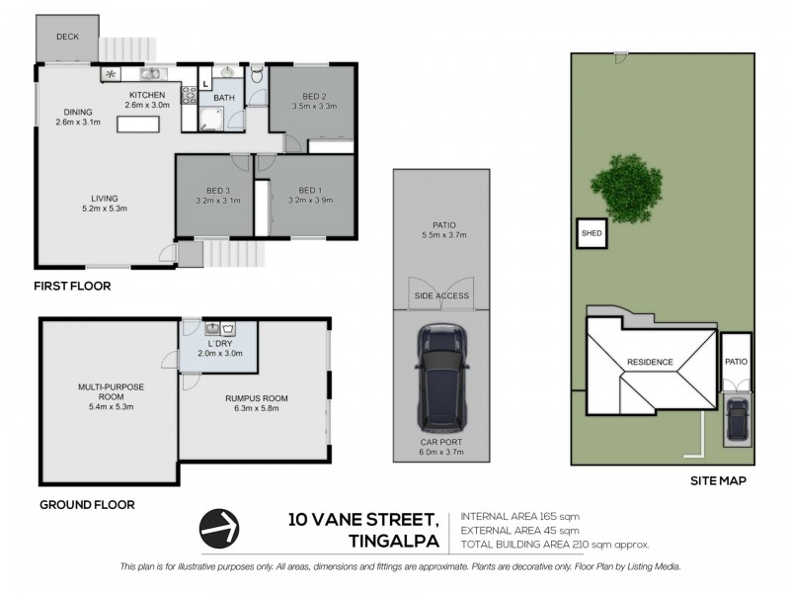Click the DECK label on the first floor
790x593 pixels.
(67, 37)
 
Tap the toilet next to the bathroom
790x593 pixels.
(257, 75)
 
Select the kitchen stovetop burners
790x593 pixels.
(189, 95)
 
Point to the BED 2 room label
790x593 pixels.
(314, 96)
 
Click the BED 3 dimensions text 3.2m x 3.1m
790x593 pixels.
(218, 201)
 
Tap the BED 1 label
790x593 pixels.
(310, 190)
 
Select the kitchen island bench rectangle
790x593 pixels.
(138, 125)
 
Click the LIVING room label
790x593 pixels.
(105, 199)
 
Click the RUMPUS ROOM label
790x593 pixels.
(257, 398)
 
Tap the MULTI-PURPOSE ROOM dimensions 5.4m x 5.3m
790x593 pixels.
(111, 407)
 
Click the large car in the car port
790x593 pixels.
(441, 379)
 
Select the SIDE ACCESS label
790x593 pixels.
(441, 296)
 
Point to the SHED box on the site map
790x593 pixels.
(592, 233)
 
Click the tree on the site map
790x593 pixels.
(626, 189)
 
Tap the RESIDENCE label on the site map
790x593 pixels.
(650, 362)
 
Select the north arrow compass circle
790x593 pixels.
(219, 529)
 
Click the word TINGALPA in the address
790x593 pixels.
(394, 541)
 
